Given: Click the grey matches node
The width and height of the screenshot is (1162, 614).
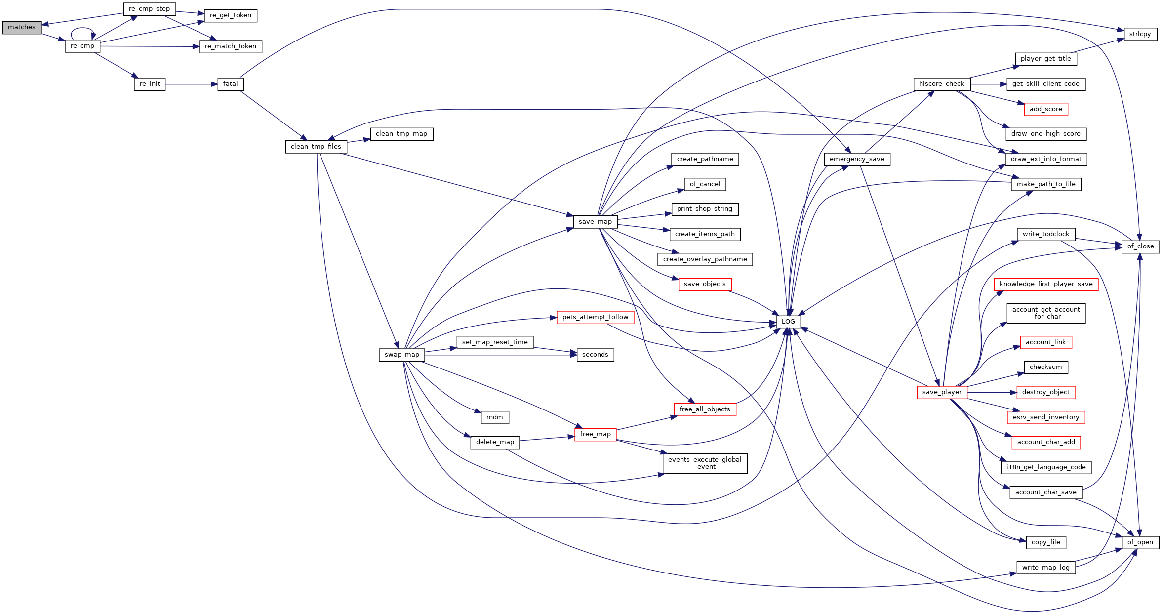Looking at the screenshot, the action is tap(22, 27).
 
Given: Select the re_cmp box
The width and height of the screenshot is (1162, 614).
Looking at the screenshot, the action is tap(82, 46).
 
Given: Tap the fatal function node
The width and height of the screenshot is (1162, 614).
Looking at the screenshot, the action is tap(231, 84).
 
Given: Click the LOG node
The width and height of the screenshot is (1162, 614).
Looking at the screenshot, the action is tap(788, 322).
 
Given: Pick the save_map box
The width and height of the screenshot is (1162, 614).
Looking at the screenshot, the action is tap(595, 222).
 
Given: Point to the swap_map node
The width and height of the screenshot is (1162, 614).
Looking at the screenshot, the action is tap(402, 355).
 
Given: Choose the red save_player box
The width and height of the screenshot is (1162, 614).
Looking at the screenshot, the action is tap(942, 392).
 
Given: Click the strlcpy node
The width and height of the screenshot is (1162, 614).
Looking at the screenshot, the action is tap(1140, 34).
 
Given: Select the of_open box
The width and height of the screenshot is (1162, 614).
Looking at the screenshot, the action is tap(1140, 542).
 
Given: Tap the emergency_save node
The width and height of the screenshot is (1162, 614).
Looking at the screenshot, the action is tap(857, 159).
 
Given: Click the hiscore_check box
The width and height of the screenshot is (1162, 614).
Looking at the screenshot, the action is tap(941, 84).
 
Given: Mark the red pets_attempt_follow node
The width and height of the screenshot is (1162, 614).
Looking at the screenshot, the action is tap(595, 317).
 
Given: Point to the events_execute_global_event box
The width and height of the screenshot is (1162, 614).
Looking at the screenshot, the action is tap(705, 463).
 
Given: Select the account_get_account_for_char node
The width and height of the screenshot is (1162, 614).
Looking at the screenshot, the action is tap(1046, 313).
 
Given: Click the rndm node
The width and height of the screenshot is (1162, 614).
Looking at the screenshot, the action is tap(494, 417).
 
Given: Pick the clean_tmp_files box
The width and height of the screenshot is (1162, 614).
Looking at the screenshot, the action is tap(316, 147).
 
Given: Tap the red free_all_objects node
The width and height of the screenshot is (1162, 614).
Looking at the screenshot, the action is tap(705, 409).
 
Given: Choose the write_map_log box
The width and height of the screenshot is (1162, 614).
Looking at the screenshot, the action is tap(1046, 568).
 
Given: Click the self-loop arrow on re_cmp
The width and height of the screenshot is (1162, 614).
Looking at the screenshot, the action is tap(82, 29).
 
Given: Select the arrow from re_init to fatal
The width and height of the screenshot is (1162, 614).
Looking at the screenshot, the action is tap(192, 84).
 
